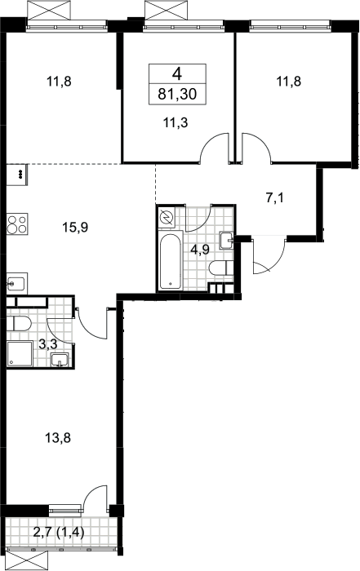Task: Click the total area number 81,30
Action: [177, 94]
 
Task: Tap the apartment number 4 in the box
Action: [177, 74]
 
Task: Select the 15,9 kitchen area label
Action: [75, 228]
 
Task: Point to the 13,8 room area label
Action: [58, 438]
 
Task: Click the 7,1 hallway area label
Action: [274, 198]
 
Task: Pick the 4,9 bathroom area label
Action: [199, 250]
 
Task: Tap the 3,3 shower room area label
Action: [47, 343]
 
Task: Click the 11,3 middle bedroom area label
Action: [176, 122]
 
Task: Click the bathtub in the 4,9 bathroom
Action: [170, 259]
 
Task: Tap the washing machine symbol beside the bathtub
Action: [167, 218]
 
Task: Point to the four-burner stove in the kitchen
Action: [17, 224]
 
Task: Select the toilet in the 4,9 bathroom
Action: [221, 268]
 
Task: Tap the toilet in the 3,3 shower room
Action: [19, 323]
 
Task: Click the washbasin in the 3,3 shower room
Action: [60, 360]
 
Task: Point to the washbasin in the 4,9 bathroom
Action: [226, 241]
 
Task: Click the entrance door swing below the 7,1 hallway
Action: [269, 255]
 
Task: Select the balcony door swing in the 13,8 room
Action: [96, 499]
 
